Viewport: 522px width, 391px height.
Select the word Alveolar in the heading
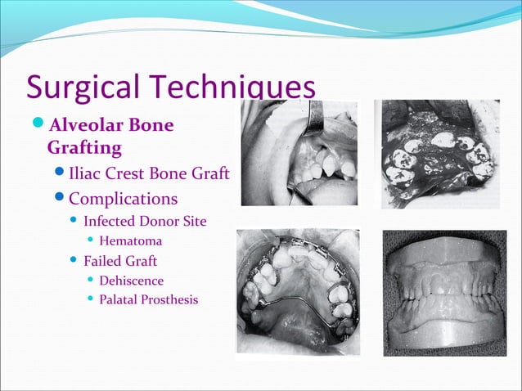85,127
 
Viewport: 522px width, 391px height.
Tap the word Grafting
84,149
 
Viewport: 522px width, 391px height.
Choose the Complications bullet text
123,199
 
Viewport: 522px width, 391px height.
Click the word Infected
115,221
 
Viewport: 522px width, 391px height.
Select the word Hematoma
131,241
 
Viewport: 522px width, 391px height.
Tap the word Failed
103,261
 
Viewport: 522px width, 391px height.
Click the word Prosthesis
169,300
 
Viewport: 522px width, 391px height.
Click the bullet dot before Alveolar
39,127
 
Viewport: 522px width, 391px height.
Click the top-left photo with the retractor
299,153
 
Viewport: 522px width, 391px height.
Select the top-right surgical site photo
436,153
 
